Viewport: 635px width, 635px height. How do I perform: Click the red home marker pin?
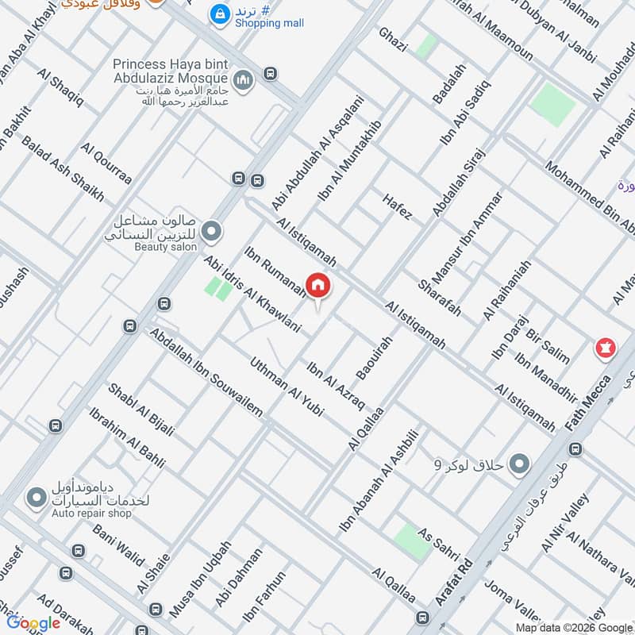318,286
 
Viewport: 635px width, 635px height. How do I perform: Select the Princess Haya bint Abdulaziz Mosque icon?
243,79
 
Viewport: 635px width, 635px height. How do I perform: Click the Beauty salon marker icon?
211,232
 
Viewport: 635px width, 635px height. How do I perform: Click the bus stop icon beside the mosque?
271,74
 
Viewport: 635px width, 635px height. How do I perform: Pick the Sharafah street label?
439,297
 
